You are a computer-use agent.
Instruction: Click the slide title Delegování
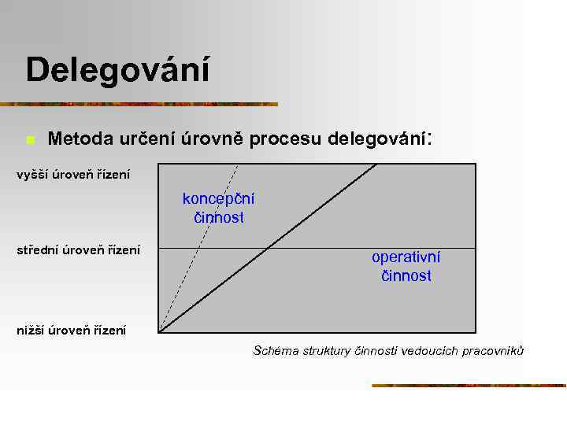(x=117, y=70)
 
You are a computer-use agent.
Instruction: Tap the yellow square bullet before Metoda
(x=29, y=141)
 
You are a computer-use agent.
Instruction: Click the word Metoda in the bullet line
(x=81, y=139)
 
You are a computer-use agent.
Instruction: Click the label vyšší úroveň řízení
(x=73, y=174)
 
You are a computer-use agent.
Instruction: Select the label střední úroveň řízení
(x=79, y=250)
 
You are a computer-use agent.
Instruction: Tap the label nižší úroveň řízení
(x=72, y=331)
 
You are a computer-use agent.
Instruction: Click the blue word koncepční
(x=218, y=198)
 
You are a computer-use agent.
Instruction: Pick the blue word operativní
(x=406, y=257)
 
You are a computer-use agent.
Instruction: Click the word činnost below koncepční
(x=219, y=217)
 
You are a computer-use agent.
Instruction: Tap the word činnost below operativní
(x=406, y=276)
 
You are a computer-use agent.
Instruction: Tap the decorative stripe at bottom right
(x=469, y=386)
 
